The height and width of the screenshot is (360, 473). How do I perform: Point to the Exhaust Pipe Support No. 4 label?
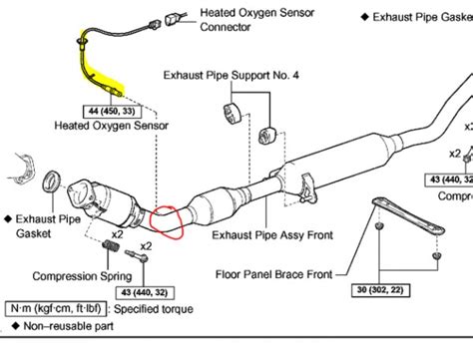pyautogui.click(x=233, y=73)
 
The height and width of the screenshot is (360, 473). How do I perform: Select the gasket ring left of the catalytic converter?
pyautogui.click(x=57, y=183)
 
